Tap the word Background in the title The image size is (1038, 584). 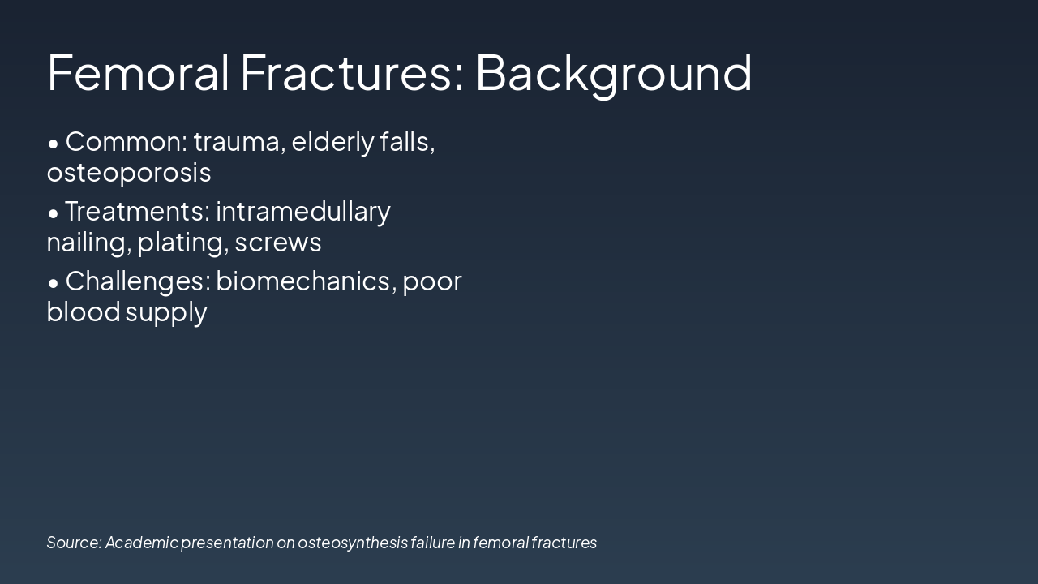coord(613,72)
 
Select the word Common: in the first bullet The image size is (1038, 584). coord(127,142)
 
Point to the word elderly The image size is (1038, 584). coord(332,142)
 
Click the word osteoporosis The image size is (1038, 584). coord(129,173)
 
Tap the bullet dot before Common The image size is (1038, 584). coord(54,144)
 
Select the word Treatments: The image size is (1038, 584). coord(138,212)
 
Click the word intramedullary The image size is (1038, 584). coord(303,212)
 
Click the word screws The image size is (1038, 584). coord(278,243)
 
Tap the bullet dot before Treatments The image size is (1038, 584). coord(54,213)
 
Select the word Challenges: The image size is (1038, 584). coord(138,281)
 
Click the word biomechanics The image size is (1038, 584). coord(304,281)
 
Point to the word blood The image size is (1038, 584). coord(84,312)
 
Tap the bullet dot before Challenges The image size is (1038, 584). coord(54,283)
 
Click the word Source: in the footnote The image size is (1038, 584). coord(74,543)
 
